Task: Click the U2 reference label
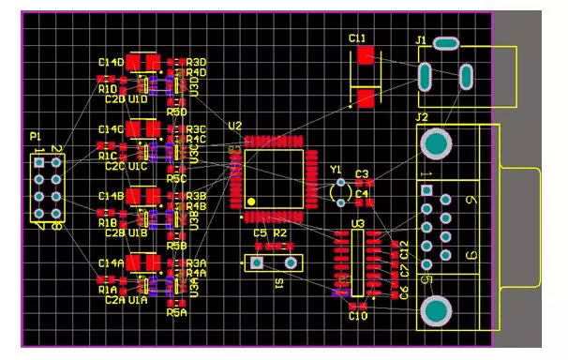coord(234,126)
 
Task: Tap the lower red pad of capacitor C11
coord(365,96)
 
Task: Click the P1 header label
coord(35,137)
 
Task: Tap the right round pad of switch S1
coord(291,264)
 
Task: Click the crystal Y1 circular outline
coord(338,192)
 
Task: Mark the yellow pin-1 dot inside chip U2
coord(251,202)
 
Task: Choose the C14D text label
coord(111,62)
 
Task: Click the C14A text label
coord(111,263)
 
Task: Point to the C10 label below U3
coord(358,318)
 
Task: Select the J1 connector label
coord(421,40)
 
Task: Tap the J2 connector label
coord(422,117)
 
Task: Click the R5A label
coord(177,313)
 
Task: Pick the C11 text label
coord(357,38)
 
